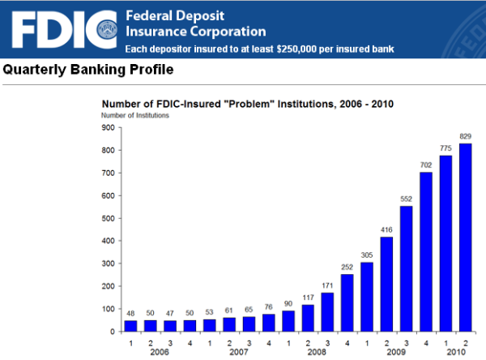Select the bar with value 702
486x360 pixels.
point(425,251)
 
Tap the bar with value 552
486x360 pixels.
point(406,268)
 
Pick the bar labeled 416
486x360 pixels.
point(387,284)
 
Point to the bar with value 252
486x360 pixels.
point(348,302)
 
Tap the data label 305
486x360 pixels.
point(368,255)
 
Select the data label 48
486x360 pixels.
point(132,313)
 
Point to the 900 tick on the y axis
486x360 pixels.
point(106,127)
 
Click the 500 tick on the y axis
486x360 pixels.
point(106,218)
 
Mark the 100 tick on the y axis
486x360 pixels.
point(106,309)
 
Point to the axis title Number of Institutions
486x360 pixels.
point(134,116)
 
